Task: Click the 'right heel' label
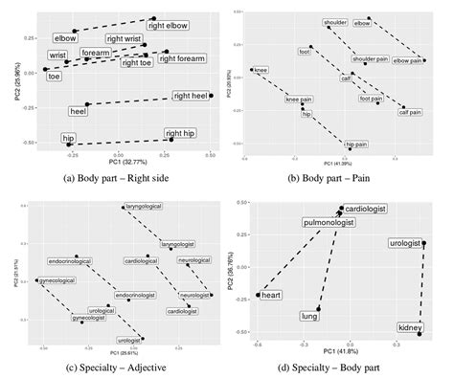pos(192,96)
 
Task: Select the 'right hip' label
pos(182,133)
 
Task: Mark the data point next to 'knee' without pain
pos(252,69)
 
